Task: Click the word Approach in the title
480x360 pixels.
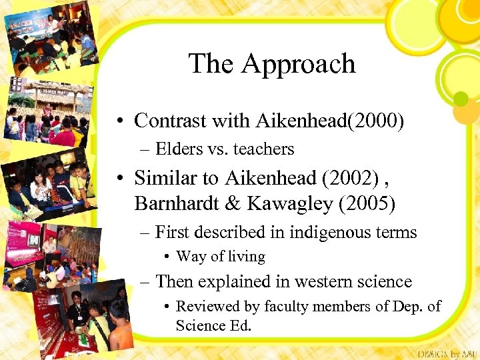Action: point(298,65)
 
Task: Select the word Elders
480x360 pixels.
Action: point(181,149)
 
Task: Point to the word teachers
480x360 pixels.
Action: point(261,149)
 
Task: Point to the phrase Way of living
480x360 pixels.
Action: point(221,257)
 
